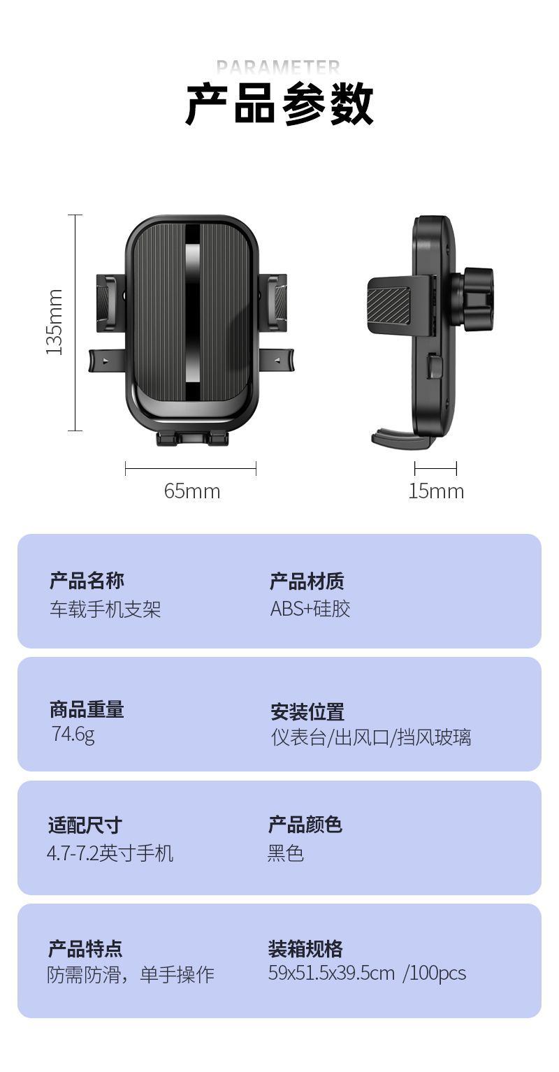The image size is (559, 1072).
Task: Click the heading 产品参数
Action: click(x=279, y=105)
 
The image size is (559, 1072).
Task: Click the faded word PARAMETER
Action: click(x=278, y=67)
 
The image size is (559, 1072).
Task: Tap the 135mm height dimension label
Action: click(x=55, y=321)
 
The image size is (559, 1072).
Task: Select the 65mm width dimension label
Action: click(x=192, y=491)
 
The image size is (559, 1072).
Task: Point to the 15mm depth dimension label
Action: click(x=436, y=491)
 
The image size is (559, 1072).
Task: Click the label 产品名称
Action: click(x=87, y=581)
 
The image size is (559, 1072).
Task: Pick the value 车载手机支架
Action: click(x=105, y=609)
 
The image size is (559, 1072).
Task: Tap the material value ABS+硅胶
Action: click(x=310, y=609)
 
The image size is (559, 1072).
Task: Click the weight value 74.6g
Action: click(x=73, y=734)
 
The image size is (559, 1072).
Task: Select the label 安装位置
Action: click(x=307, y=712)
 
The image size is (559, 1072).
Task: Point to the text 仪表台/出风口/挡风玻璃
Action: click(x=371, y=737)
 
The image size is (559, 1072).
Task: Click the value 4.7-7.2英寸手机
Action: click(x=110, y=853)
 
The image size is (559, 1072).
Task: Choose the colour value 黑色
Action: click(x=286, y=853)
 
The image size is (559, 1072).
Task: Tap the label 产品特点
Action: click(x=85, y=949)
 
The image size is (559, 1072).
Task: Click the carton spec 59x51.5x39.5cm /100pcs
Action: click(x=367, y=973)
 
